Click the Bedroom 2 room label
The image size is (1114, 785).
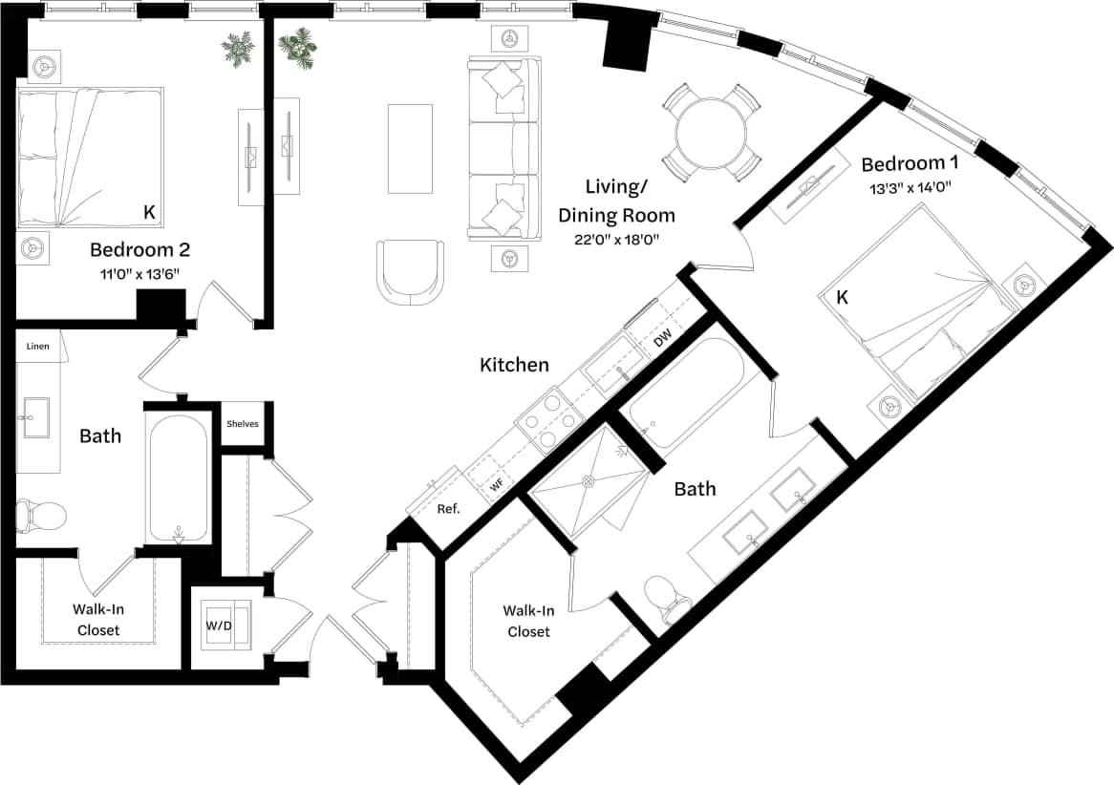(139, 250)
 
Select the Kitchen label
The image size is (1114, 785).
(514, 365)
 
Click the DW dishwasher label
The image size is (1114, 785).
(664, 338)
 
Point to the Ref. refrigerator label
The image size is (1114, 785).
(448, 509)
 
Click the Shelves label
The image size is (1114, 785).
(242, 424)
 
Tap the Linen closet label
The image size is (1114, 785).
(37, 347)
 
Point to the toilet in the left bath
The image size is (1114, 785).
(41, 516)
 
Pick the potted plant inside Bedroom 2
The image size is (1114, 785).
(237, 49)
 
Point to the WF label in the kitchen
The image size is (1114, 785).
(497, 486)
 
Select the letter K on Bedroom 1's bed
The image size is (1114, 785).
(842, 298)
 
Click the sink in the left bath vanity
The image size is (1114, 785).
(38, 418)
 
